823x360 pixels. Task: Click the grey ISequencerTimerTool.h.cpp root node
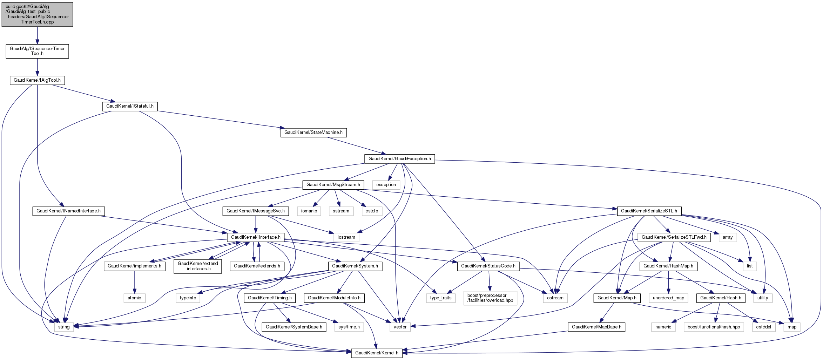click(x=37, y=14)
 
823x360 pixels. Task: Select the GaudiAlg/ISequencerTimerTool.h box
click(x=37, y=51)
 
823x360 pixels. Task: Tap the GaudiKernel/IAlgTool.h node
click(x=37, y=80)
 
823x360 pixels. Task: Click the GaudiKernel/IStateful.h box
click(x=130, y=106)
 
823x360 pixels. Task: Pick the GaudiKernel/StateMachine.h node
click(x=313, y=133)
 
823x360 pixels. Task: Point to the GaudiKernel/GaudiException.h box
click(x=399, y=159)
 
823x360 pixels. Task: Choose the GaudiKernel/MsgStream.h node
click(x=333, y=185)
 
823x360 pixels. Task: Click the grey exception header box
click(x=386, y=185)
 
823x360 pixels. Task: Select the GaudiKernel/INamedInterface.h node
click(x=68, y=211)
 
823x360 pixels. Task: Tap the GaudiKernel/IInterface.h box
click(x=256, y=237)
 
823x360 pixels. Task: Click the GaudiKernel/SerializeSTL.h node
click(x=649, y=211)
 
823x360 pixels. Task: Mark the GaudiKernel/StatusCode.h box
click(x=488, y=266)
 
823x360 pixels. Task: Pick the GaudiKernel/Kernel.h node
click(x=377, y=353)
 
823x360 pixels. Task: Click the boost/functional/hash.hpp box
click(x=714, y=327)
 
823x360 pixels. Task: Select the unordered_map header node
click(x=668, y=298)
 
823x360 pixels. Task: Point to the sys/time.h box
click(x=349, y=327)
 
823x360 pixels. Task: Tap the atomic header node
click(x=134, y=298)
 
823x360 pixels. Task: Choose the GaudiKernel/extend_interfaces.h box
click(x=198, y=266)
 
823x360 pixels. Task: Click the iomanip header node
click(x=309, y=211)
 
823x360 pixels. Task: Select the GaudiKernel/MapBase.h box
click(x=596, y=327)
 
